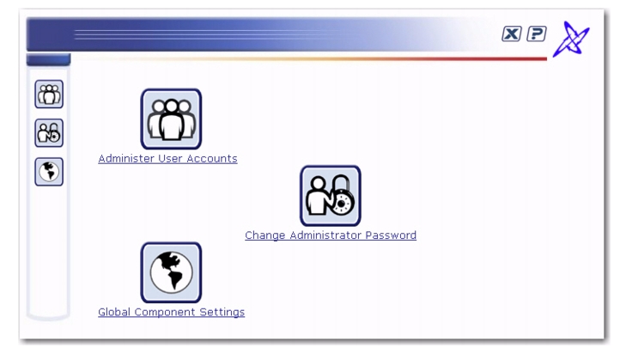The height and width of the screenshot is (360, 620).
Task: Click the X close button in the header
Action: (x=511, y=34)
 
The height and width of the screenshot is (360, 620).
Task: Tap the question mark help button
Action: (x=537, y=34)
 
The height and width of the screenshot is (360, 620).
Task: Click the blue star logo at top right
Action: (x=571, y=40)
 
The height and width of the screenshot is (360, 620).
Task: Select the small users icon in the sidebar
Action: (x=49, y=95)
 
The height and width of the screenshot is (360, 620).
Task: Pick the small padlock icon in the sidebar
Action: (x=49, y=133)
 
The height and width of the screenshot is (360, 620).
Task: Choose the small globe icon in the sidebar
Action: (x=49, y=172)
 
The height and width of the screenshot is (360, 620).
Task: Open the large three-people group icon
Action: (x=171, y=119)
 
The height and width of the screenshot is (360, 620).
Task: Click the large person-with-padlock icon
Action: (x=331, y=196)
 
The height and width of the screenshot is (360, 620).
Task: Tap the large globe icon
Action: (x=171, y=272)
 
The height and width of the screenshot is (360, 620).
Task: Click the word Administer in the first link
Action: (x=126, y=159)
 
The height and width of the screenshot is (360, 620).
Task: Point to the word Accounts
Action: (x=212, y=159)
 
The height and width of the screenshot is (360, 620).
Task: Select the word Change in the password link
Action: (x=265, y=235)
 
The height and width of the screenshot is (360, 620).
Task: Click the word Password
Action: (x=391, y=235)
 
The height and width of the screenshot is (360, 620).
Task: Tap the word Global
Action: (x=114, y=312)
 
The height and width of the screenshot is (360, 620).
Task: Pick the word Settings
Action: (x=222, y=313)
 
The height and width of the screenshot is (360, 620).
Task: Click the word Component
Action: (x=165, y=313)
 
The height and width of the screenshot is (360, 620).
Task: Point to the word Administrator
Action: (x=325, y=235)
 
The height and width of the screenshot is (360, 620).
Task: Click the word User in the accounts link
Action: (x=170, y=159)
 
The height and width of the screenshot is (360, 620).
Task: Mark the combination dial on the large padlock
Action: (x=342, y=203)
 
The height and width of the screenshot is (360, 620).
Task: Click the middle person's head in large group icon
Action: (x=171, y=106)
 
